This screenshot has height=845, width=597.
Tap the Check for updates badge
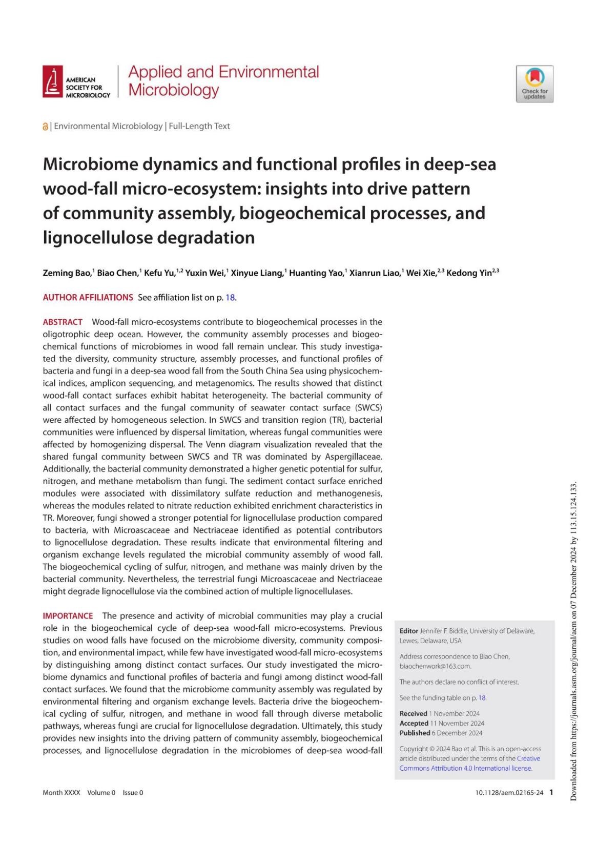(534, 84)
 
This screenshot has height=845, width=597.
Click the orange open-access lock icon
(45, 127)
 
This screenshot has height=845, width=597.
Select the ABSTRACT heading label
(63, 322)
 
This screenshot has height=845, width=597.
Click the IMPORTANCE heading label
(68, 616)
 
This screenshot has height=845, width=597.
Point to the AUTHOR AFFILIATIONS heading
(88, 297)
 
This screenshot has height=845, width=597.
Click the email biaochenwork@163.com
(435, 666)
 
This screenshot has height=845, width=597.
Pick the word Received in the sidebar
(413, 713)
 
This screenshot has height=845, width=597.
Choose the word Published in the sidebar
(415, 733)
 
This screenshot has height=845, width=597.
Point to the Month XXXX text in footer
(61, 793)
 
